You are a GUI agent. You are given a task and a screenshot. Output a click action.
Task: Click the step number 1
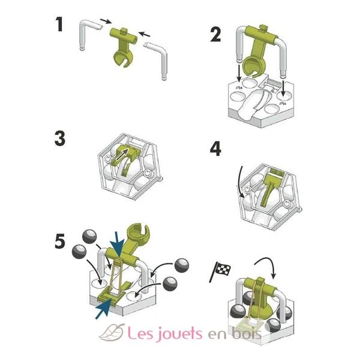(x=59, y=25)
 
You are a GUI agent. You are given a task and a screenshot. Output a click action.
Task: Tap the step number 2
(x=215, y=35)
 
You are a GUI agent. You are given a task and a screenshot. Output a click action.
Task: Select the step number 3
(x=59, y=139)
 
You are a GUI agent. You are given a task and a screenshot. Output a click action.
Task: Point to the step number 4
(x=215, y=149)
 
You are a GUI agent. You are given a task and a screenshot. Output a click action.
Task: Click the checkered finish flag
(x=220, y=271)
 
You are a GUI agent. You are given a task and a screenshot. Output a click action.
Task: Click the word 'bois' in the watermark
(x=247, y=332)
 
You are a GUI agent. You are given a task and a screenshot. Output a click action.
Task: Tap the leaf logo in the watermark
(x=112, y=332)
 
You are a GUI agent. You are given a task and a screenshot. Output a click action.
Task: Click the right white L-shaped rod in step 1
(x=157, y=59)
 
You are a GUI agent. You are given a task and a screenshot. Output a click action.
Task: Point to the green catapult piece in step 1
(x=124, y=47)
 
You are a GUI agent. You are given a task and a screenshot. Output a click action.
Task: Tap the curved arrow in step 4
(x=238, y=181)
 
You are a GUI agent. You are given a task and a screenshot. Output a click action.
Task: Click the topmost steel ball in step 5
(x=89, y=236)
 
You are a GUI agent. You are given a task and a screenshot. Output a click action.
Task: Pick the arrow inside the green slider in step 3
(x=121, y=154)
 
